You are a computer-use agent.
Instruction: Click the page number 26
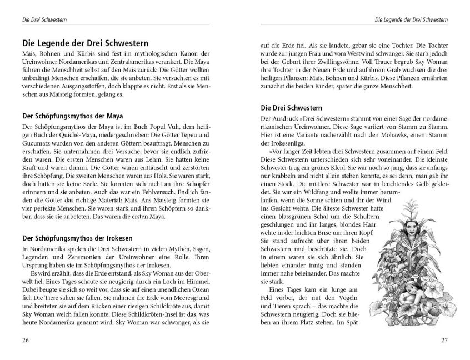26,340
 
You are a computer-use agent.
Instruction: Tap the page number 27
443,340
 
